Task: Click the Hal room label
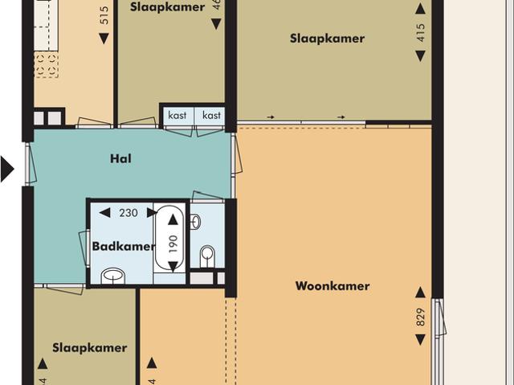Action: click(x=120, y=158)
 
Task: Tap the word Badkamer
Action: click(x=123, y=247)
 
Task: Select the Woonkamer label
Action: click(x=332, y=285)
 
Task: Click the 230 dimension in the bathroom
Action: click(x=128, y=213)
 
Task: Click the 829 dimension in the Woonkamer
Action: click(x=419, y=317)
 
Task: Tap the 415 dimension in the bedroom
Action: click(x=420, y=31)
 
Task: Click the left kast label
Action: click(x=177, y=116)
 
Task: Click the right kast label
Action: click(x=211, y=116)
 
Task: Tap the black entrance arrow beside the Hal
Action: click(x=7, y=170)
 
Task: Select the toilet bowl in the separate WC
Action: click(x=208, y=256)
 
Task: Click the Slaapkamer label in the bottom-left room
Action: click(x=90, y=348)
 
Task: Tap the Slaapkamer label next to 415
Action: click(x=327, y=39)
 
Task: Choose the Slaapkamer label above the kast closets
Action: click(x=167, y=6)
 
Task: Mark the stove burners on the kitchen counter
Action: click(x=46, y=65)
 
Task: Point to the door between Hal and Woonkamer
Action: click(x=235, y=154)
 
